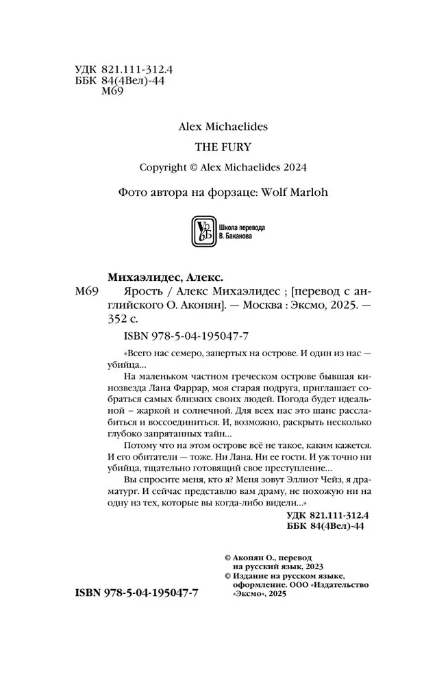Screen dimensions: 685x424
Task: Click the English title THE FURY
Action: [x=214, y=146]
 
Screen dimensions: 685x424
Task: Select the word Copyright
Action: [x=163, y=168]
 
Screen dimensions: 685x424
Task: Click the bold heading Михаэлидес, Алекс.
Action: [x=165, y=277]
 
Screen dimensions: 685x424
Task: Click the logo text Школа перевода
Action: [x=240, y=227]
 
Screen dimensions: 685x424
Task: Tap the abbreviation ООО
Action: [x=300, y=584]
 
